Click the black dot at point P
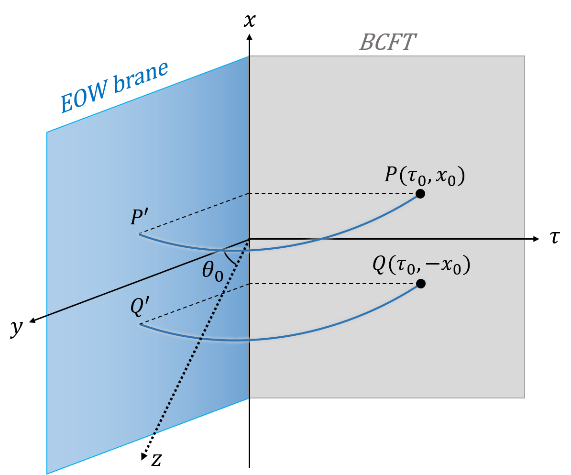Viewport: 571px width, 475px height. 420,194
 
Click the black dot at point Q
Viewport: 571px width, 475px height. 420,284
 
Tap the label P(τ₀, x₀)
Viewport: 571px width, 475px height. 425,176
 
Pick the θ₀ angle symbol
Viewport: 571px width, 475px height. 212,272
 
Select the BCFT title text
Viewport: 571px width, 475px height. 387,43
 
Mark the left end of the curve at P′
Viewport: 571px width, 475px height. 140,234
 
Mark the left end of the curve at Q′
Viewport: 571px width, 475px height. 141,324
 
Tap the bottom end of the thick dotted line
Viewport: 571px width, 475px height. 154,434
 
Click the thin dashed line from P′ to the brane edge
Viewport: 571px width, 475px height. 194,214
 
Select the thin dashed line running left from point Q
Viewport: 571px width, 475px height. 335,284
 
